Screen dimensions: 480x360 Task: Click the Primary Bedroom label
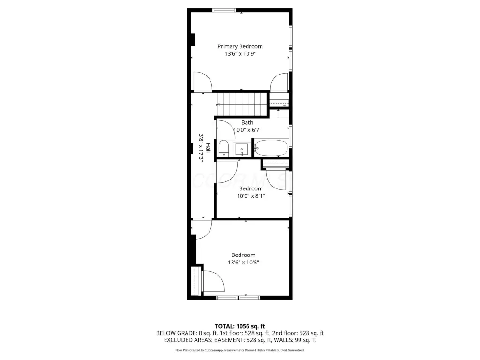(240, 46)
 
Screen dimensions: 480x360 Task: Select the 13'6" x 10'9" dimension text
(240, 54)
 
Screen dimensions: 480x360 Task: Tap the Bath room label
(247, 122)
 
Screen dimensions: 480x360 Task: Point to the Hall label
(208, 148)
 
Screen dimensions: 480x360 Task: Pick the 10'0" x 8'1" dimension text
(251, 196)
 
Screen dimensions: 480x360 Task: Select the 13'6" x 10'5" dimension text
(243, 262)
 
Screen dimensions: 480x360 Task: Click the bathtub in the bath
(271, 148)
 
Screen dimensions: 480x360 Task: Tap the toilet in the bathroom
(224, 149)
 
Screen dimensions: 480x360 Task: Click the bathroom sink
(242, 150)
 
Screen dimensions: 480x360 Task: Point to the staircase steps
(242, 105)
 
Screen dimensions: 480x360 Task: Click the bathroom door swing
(225, 129)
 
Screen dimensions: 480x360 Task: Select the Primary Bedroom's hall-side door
(202, 82)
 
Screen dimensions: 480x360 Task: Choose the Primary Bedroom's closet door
(279, 82)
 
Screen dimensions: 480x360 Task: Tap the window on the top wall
(225, 10)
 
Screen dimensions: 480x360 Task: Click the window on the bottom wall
(238, 298)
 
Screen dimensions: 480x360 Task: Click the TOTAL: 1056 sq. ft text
(240, 326)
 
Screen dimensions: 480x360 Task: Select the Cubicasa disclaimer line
(240, 350)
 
